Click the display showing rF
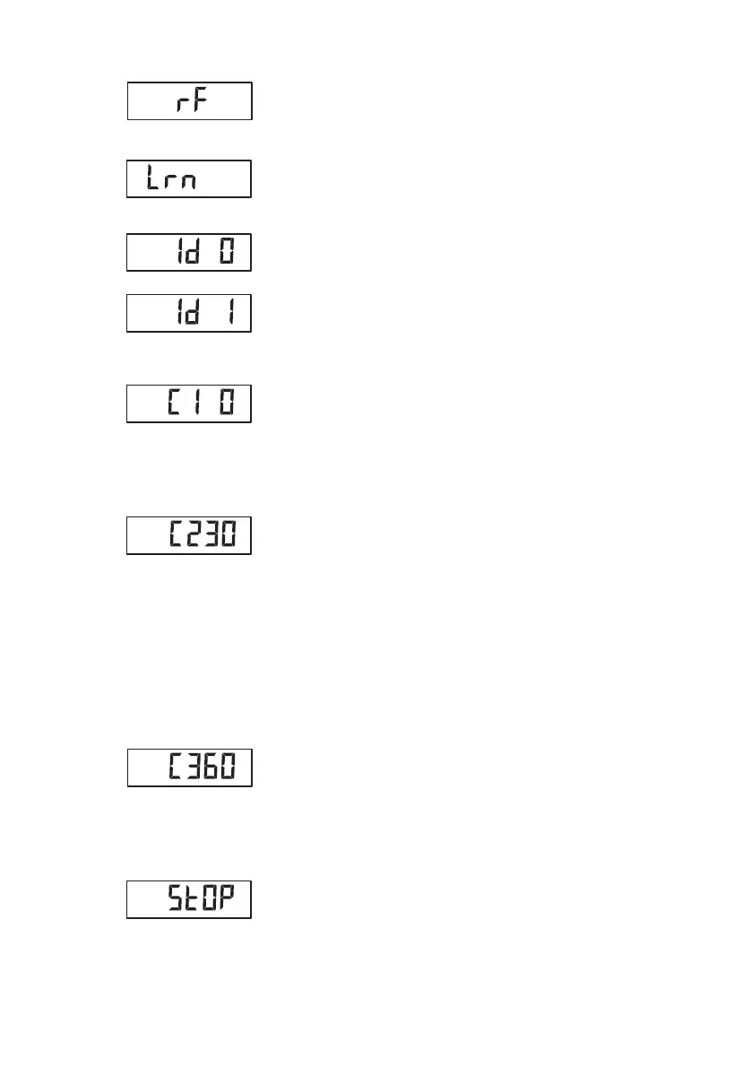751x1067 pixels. pyautogui.click(x=189, y=101)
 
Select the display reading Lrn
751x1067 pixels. pyautogui.click(x=189, y=179)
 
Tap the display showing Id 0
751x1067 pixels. pyautogui.click(x=189, y=252)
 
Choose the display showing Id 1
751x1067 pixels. pyautogui.click(x=189, y=313)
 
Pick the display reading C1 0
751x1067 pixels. pyautogui.click(x=189, y=403)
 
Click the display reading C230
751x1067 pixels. pyautogui.click(x=189, y=535)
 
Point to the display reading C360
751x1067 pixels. pyautogui.click(x=189, y=768)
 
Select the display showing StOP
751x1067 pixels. pyautogui.click(x=189, y=899)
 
